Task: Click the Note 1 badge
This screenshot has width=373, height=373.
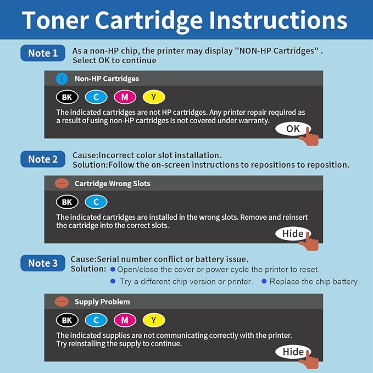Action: pos(43,53)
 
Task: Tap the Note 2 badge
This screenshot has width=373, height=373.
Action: pos(43,159)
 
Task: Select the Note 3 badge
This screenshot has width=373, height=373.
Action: pos(43,263)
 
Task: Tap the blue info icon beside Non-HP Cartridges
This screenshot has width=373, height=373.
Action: pos(62,79)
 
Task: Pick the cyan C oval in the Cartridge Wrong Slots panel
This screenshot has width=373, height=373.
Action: pos(96,202)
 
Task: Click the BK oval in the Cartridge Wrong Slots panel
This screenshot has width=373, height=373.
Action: pos(67,202)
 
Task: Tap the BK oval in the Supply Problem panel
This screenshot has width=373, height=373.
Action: pos(67,320)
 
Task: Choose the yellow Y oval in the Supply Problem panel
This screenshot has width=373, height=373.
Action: pos(154,320)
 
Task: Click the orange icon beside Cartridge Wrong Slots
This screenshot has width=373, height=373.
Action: pos(62,183)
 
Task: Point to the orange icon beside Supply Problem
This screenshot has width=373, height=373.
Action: pos(62,302)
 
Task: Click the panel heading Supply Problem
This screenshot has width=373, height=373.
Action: pos(102,302)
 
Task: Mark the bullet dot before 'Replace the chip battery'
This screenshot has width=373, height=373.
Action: pos(264,281)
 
